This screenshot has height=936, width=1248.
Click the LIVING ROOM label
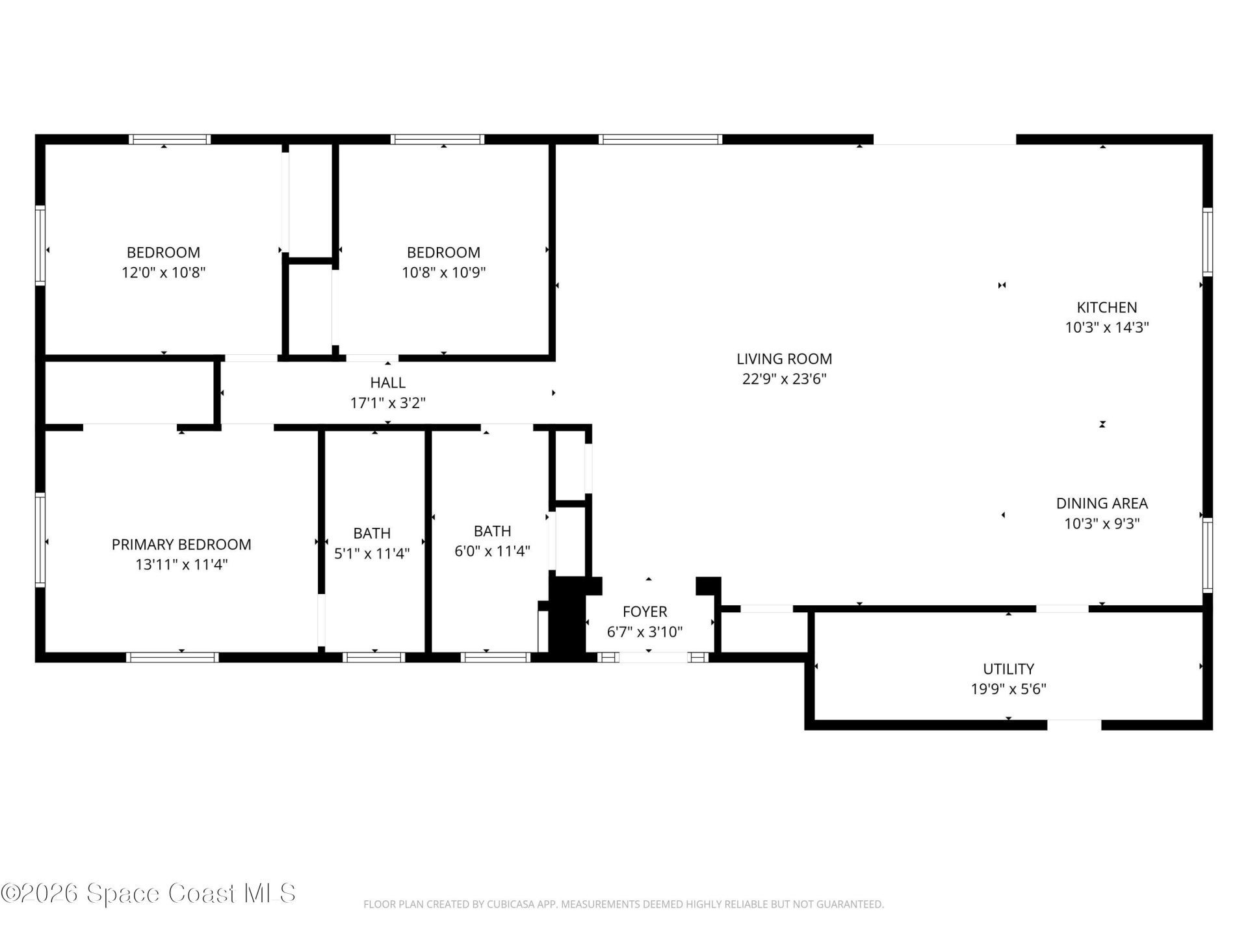click(784, 359)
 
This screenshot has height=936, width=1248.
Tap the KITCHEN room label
click(1106, 307)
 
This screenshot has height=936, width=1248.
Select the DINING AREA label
click(1101, 503)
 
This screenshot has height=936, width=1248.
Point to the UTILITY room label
click(1008, 669)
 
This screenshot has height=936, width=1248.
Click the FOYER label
click(644, 612)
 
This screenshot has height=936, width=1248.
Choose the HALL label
click(387, 383)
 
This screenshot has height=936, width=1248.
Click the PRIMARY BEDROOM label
click(181, 545)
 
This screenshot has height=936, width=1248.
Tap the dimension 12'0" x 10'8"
click(163, 272)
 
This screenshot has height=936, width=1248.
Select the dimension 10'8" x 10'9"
click(443, 272)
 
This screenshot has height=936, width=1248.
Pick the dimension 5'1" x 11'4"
click(372, 554)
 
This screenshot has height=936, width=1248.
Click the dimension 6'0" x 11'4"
click(492, 551)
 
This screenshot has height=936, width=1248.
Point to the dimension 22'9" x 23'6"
click(784, 379)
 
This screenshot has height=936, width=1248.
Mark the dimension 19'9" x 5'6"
click(1008, 689)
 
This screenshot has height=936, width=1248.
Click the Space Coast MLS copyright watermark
click(148, 893)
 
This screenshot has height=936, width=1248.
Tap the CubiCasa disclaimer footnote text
click(623, 904)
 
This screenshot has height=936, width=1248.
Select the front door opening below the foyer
click(653, 658)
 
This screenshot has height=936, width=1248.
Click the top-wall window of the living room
click(660, 139)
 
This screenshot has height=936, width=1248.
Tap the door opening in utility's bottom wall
click(1074, 724)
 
